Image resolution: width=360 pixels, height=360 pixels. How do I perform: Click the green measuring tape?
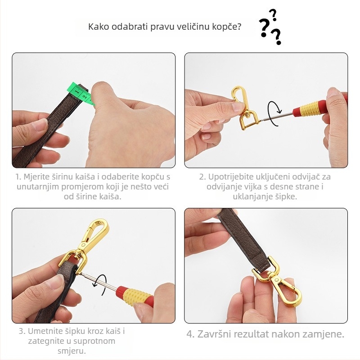point(82,94)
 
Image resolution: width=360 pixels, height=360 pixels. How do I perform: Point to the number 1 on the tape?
point(77,92)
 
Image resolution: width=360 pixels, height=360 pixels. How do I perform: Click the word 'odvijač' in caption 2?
point(305,177)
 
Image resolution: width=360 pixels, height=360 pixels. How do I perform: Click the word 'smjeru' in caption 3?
point(70,351)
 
